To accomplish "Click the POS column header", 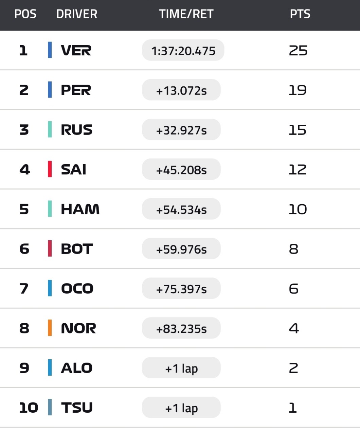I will coord(25,14).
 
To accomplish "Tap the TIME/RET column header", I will coord(186,14).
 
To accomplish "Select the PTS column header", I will coord(300,14).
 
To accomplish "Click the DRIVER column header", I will coord(77,14).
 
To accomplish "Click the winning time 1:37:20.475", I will coord(183,51).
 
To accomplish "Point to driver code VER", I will coord(76,50).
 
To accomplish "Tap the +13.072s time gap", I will coord(181,90).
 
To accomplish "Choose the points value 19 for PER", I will coord(298,90).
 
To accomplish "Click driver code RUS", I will coord(76,130).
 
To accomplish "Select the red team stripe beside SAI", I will coord(50,169).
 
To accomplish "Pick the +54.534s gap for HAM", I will coord(181,209).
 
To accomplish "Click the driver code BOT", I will coord(77,249).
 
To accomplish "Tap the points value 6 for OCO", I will coord(293,289).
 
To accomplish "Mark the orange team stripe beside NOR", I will coord(50,328).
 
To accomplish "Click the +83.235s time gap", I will coord(181,328).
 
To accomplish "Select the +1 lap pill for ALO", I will coord(181,368).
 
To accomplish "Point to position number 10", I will coord(29,408).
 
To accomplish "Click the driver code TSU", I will coord(77,408).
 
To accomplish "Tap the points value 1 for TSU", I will coord(293,408).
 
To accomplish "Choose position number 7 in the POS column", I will coord(24,289).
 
